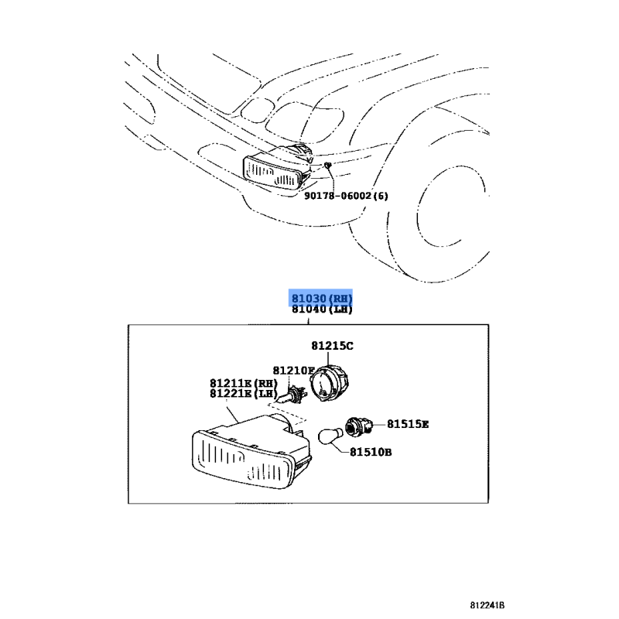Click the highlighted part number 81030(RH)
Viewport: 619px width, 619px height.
(322, 298)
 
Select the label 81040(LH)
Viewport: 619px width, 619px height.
(322, 309)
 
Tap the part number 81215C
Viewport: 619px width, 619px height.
(333, 345)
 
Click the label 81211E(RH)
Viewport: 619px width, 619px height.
(243, 382)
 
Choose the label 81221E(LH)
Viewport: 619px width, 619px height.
(243, 393)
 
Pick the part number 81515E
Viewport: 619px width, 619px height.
(408, 424)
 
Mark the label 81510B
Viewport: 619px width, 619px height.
(370, 452)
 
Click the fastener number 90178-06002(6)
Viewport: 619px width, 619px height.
(345, 196)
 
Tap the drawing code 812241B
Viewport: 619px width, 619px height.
(491, 605)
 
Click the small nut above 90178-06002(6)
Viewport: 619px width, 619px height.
(329, 166)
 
